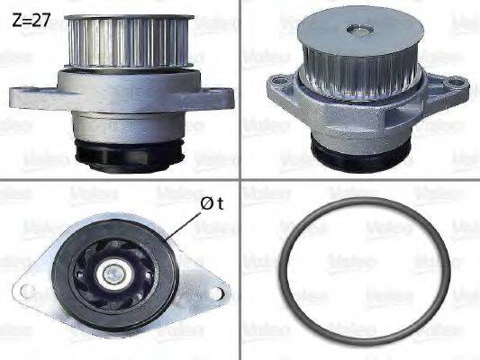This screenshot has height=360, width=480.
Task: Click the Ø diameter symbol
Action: point(205,203)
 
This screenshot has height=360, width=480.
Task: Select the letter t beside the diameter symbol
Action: point(219,203)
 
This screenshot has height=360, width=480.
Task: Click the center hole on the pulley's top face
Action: point(360,32)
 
